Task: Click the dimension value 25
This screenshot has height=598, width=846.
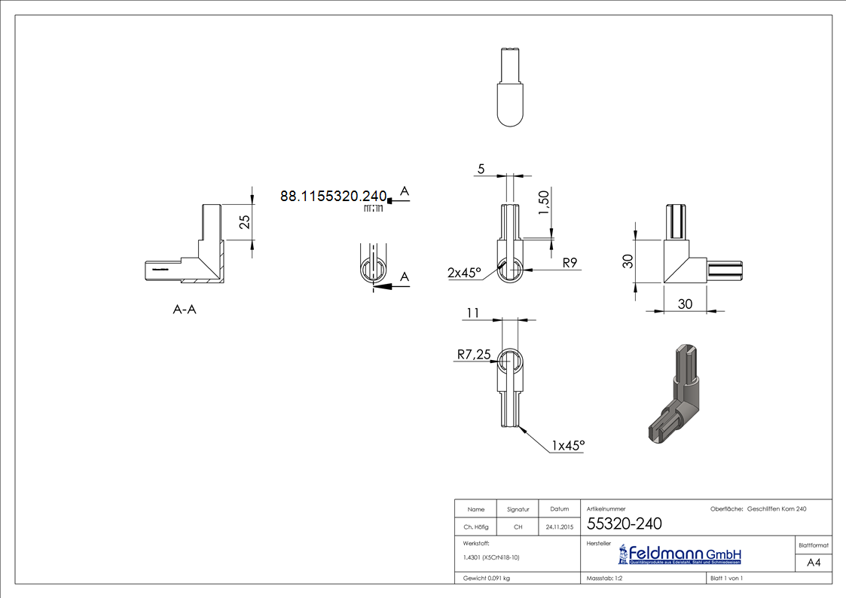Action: [x=244, y=221]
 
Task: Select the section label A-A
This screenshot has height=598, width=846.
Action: [x=184, y=309]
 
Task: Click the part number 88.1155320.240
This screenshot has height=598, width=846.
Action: [x=333, y=197]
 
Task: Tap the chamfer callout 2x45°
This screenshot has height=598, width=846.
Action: [x=464, y=273]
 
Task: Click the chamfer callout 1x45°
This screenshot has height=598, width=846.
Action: [x=568, y=446]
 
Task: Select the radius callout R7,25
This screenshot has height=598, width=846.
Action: [x=474, y=353]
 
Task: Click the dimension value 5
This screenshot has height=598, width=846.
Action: [x=481, y=169]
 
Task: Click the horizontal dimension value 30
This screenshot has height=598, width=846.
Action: [x=685, y=304]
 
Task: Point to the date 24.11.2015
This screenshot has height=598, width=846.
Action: [x=559, y=527]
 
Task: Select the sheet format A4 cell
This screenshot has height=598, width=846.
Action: [x=814, y=563]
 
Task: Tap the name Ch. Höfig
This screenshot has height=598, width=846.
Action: [x=475, y=527]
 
